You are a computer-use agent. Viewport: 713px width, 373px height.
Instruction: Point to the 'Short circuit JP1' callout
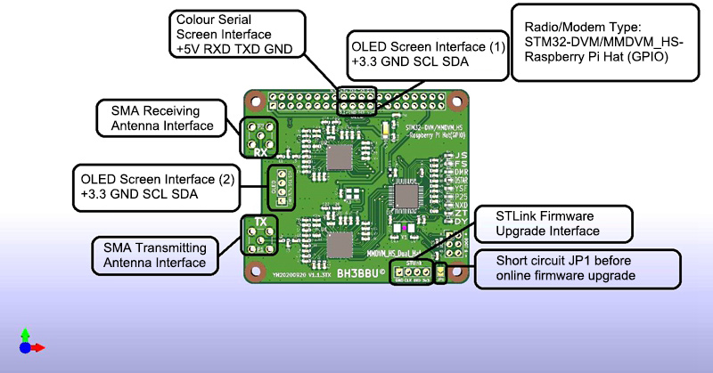(x=575, y=268)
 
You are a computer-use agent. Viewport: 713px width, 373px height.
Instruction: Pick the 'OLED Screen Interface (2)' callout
(x=156, y=186)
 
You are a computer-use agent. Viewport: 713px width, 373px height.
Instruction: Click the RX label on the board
(x=260, y=152)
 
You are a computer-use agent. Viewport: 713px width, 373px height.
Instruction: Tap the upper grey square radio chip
(x=339, y=158)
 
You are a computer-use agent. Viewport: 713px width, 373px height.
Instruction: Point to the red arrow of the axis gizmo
(x=38, y=347)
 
